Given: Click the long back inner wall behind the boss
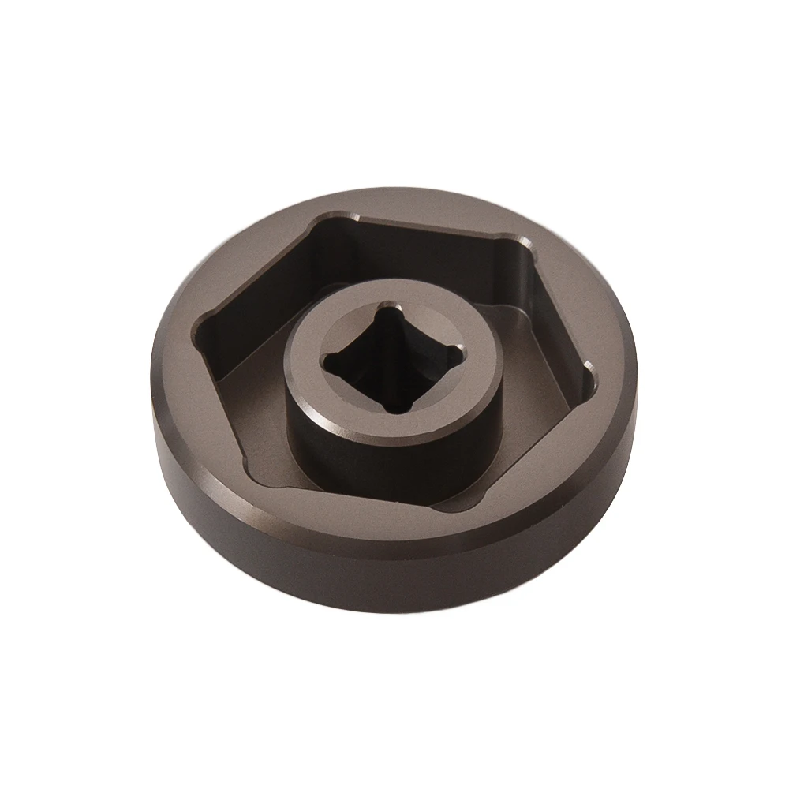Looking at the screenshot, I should point(426,252).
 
